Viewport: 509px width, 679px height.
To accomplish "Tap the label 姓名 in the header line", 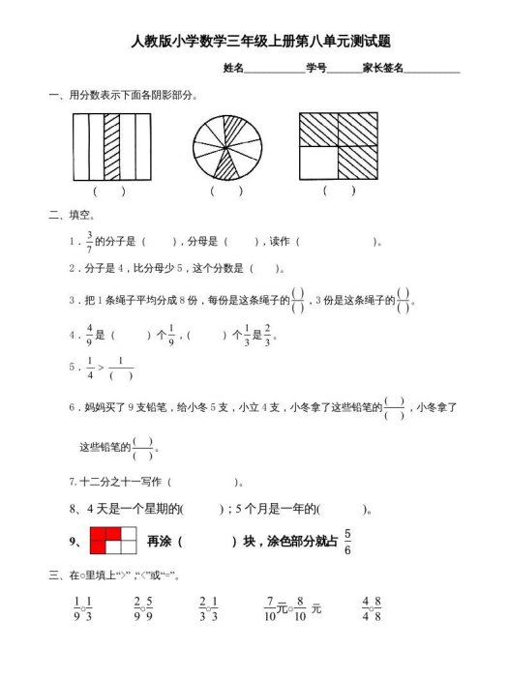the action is pos(232,68).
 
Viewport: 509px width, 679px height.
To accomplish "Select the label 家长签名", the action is pos(382,68).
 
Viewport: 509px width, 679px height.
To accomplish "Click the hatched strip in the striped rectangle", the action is pos(111,146).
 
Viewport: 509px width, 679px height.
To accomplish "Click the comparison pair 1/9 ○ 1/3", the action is pos(82,608).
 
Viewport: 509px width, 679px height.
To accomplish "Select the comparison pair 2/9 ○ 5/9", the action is pos(143,608).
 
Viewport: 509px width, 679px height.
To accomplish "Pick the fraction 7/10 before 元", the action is pos(271,608).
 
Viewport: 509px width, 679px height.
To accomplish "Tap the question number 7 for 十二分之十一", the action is pos(73,481).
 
